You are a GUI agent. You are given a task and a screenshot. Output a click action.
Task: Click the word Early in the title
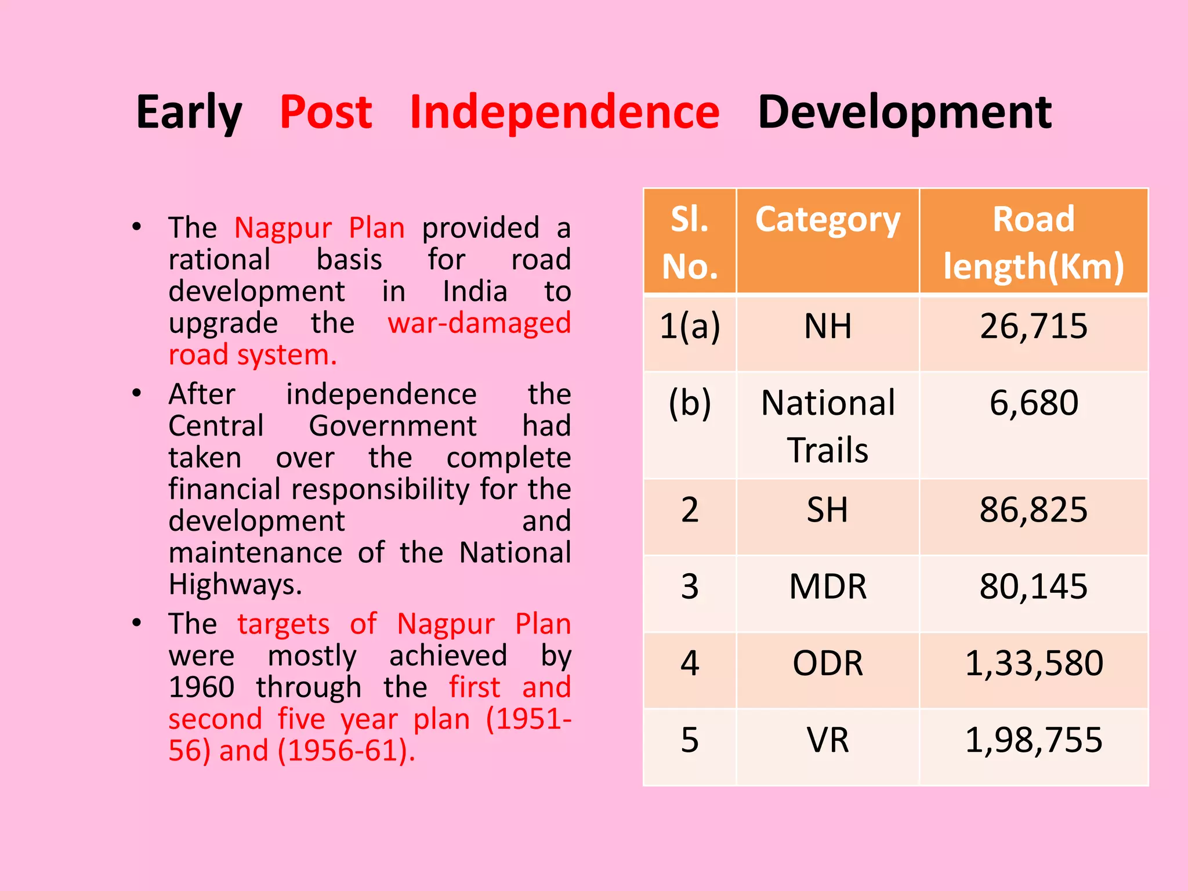coord(189,112)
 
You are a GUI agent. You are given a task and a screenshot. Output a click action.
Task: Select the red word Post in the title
coord(325,112)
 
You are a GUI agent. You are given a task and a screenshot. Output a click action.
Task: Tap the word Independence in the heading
coord(564,112)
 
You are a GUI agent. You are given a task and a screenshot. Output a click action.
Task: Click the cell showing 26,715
coord(1033,326)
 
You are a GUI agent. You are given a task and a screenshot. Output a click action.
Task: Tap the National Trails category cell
coord(827,426)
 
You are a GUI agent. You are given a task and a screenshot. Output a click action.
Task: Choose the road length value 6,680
coord(1033,403)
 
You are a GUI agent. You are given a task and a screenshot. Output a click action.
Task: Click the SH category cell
coord(827,510)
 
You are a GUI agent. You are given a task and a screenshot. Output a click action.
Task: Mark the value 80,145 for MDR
coord(1033,586)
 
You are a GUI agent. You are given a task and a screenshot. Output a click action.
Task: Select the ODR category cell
coord(827,663)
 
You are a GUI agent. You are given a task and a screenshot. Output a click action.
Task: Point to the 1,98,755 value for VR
coord(1033,740)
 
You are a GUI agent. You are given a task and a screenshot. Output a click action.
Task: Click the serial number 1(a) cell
coord(689,326)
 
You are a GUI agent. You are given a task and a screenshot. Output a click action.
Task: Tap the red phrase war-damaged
coord(479,323)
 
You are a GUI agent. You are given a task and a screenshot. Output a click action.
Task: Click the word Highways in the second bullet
coord(234,585)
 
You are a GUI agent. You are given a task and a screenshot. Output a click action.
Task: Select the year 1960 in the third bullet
coord(201,687)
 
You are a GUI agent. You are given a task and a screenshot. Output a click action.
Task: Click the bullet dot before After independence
coord(136,394)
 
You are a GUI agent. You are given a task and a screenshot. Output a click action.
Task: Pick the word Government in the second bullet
coord(392,426)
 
